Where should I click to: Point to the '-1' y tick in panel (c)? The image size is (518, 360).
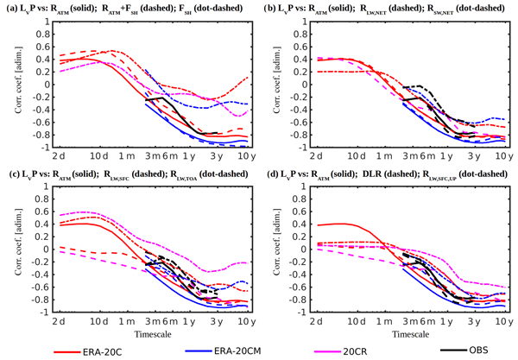(x=28, y=311)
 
